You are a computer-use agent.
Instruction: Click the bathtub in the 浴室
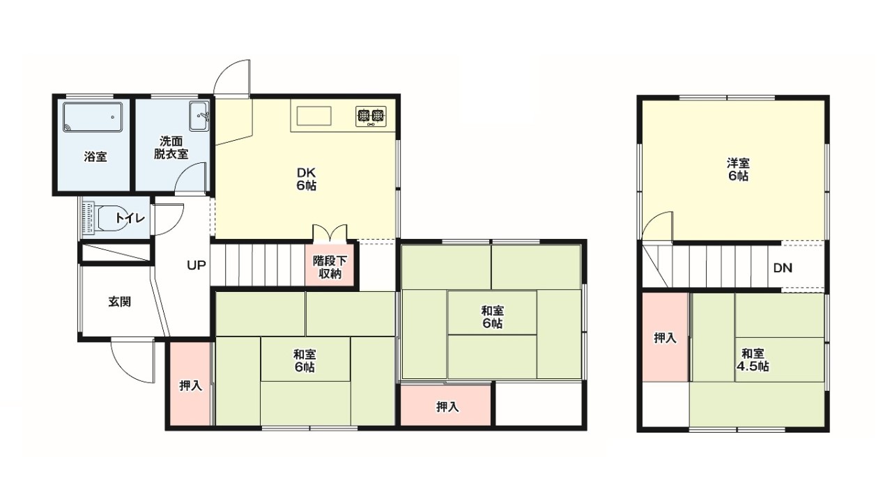(93, 117)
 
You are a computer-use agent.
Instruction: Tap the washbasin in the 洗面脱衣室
(199, 116)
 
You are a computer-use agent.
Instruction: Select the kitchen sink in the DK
(314, 116)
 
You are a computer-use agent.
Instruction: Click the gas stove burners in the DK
(371, 116)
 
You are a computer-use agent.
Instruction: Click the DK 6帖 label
(306, 179)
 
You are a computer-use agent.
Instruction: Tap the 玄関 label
(119, 302)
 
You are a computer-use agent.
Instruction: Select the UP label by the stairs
(197, 265)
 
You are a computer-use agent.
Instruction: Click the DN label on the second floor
(783, 268)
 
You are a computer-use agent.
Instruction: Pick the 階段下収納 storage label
(330, 268)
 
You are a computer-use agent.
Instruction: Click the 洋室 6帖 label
(738, 169)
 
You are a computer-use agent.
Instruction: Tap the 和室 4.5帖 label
(752, 360)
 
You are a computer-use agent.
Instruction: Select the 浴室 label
(95, 157)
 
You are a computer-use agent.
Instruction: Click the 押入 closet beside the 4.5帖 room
(665, 337)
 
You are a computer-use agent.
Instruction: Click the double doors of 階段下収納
(330, 233)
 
